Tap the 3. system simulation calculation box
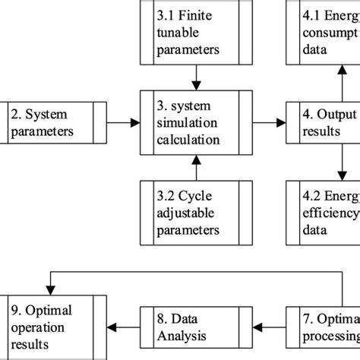pos(197,122)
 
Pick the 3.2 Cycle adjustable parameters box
pos(197,209)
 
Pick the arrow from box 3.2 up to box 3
pos(197,166)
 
